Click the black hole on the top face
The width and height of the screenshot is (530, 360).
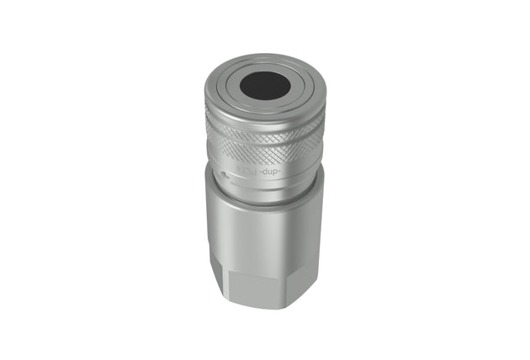[x=264, y=84]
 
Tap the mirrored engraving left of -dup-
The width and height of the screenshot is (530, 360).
[x=245, y=172]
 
